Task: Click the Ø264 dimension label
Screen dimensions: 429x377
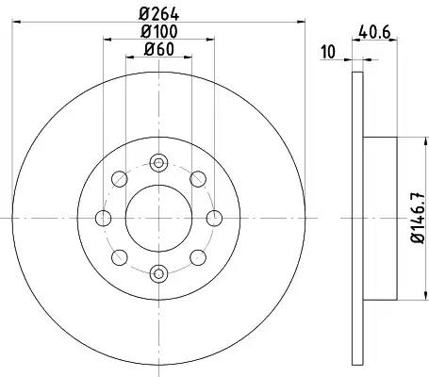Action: coord(158,14)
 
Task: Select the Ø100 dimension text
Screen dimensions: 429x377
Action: coord(158,31)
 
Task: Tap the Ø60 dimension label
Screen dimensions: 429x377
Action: coord(158,49)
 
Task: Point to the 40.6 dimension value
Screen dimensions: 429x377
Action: coord(374,32)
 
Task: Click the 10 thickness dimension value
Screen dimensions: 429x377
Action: coord(328,52)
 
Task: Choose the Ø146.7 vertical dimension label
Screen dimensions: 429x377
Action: coord(419,218)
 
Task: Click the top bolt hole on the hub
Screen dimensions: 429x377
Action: coord(158,163)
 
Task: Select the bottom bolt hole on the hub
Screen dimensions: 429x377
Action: coord(158,273)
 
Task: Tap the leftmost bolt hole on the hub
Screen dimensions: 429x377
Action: coord(103,219)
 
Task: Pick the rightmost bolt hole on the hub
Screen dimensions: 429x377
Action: coord(214,219)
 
